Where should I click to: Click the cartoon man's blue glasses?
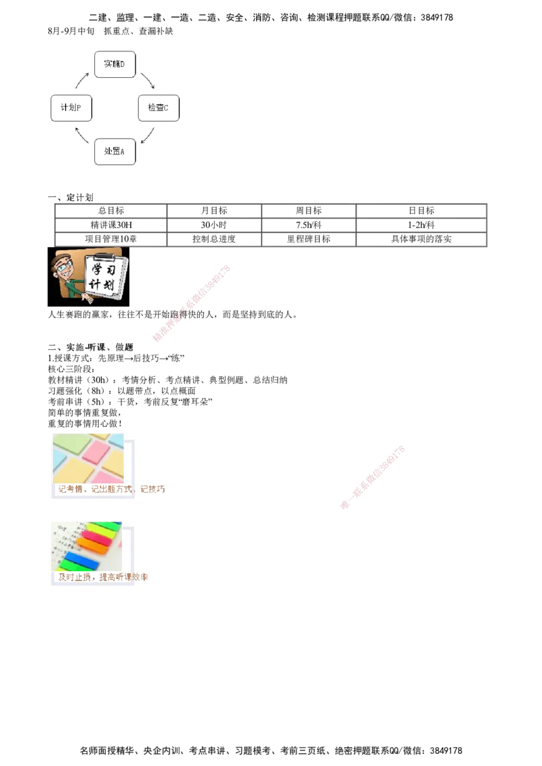point(63,267)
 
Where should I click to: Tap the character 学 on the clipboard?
point(97,269)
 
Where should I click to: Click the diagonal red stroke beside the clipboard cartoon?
point(193,303)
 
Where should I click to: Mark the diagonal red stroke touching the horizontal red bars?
point(373,477)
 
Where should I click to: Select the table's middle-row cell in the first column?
point(110,225)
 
